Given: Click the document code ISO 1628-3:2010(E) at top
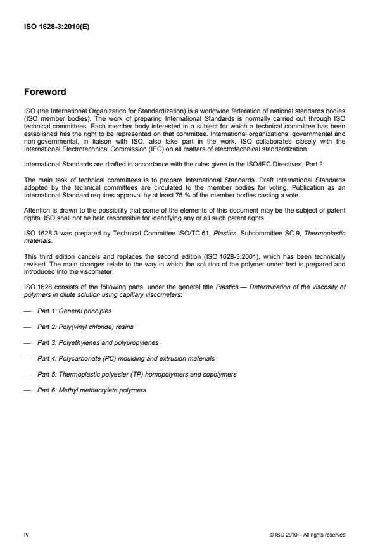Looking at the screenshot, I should tap(54, 27).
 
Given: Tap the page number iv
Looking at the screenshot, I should tap(27, 535).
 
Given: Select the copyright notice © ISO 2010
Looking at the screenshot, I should tap(307, 535).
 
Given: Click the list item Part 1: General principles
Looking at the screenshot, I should tap(72, 311).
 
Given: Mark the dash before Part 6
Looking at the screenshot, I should tap(27, 390).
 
